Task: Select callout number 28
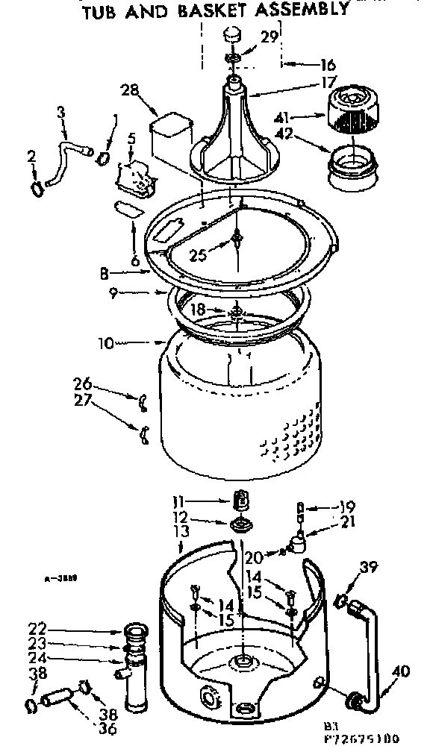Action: [131, 90]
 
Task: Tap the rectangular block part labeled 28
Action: [169, 130]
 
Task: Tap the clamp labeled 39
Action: [340, 599]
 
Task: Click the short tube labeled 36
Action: [55, 700]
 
